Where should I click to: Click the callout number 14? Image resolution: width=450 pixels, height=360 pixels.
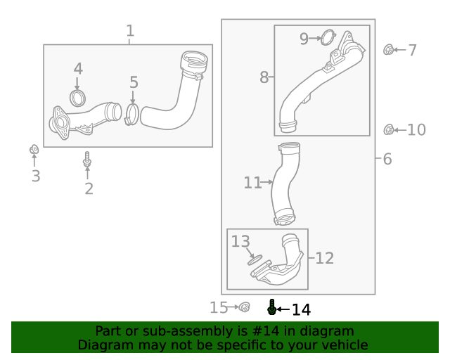300,309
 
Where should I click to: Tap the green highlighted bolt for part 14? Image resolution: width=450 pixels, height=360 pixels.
271,307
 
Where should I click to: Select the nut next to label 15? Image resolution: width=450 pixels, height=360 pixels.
245,307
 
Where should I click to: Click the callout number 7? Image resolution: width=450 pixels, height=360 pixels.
412,51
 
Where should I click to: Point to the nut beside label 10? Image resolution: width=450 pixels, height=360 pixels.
387,129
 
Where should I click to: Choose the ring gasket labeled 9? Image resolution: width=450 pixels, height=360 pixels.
328,38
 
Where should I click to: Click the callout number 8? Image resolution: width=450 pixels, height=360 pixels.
264,77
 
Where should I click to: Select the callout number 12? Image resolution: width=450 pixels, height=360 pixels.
324,258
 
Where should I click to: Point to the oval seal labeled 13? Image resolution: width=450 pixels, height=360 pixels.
254,259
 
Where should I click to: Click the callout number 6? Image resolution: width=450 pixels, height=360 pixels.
387,159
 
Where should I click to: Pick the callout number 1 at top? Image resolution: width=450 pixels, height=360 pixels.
129,31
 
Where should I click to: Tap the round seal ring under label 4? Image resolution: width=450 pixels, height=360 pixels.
78,97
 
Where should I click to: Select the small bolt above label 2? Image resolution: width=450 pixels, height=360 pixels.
87,160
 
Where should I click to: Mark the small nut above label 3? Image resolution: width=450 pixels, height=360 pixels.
33,149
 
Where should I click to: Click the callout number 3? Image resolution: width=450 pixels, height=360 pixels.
35,176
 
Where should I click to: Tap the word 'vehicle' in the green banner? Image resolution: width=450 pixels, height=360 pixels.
341,345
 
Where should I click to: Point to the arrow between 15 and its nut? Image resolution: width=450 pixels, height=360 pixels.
234,307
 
